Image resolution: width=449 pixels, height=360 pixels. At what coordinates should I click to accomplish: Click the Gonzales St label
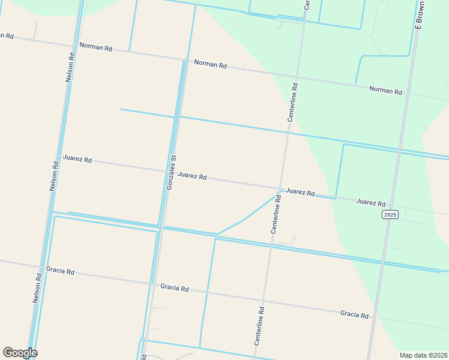tap(170, 173)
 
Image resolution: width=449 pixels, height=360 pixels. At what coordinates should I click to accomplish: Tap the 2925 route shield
tap(390, 214)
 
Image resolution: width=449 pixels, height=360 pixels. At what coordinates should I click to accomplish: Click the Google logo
tap(20, 353)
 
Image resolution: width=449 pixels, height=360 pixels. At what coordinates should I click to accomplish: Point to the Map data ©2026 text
tap(424, 355)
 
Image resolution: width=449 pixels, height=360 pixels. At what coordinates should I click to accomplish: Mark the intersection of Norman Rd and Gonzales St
tap(184, 59)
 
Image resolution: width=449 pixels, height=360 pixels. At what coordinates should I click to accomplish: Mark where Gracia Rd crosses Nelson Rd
tap(41, 267)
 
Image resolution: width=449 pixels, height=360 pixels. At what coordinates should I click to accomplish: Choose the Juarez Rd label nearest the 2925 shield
tap(370, 203)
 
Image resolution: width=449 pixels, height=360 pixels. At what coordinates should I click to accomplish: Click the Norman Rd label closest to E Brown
tap(385, 91)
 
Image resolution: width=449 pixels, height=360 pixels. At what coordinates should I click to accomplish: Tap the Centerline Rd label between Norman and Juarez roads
tap(292, 103)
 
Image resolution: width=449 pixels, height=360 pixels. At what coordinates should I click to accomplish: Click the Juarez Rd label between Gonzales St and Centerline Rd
tap(192, 177)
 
